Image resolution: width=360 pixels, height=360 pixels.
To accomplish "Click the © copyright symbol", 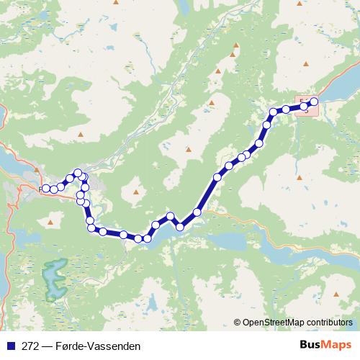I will pyautogui.click(x=238, y=322).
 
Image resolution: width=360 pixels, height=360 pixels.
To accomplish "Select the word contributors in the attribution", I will pyautogui.click(x=329, y=322).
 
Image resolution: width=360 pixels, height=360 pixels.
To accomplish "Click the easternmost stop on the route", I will pyautogui.click(x=314, y=102).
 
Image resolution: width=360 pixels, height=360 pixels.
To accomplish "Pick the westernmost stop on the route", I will pyautogui.click(x=45, y=189).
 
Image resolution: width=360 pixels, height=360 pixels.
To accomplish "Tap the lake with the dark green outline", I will pyautogui.click(x=53, y=279).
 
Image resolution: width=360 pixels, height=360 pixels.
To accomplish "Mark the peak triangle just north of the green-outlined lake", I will pyautogui.click(x=50, y=223).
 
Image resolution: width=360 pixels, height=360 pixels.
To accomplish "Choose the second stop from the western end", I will pyautogui.click(x=54, y=189).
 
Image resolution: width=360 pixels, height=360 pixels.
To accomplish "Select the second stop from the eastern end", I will pyautogui.click(x=305, y=107).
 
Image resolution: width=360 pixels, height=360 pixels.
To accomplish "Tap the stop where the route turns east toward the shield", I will pyautogui.click(x=274, y=112).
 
